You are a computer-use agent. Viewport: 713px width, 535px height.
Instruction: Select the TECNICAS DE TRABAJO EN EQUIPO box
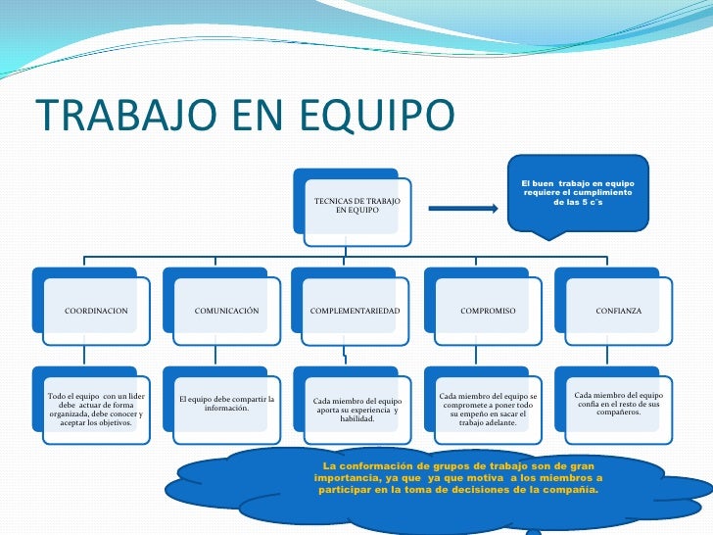click(x=356, y=206)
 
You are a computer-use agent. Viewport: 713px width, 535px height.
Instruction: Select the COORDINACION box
click(x=96, y=311)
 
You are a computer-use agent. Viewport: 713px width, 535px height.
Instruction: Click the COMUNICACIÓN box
click(x=226, y=311)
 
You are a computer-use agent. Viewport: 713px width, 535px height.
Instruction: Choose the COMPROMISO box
click(x=488, y=311)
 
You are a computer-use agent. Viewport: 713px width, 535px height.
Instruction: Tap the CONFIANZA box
click(x=618, y=311)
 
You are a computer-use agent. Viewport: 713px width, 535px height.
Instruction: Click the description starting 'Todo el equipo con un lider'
click(x=96, y=409)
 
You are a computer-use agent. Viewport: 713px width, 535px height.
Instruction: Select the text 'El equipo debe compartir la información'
click(x=226, y=404)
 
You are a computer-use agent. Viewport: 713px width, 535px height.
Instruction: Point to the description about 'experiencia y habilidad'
click(x=356, y=410)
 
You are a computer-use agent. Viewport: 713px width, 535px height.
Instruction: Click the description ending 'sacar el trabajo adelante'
click(x=488, y=410)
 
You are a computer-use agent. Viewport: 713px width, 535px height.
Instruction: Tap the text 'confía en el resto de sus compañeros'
click(x=618, y=404)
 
